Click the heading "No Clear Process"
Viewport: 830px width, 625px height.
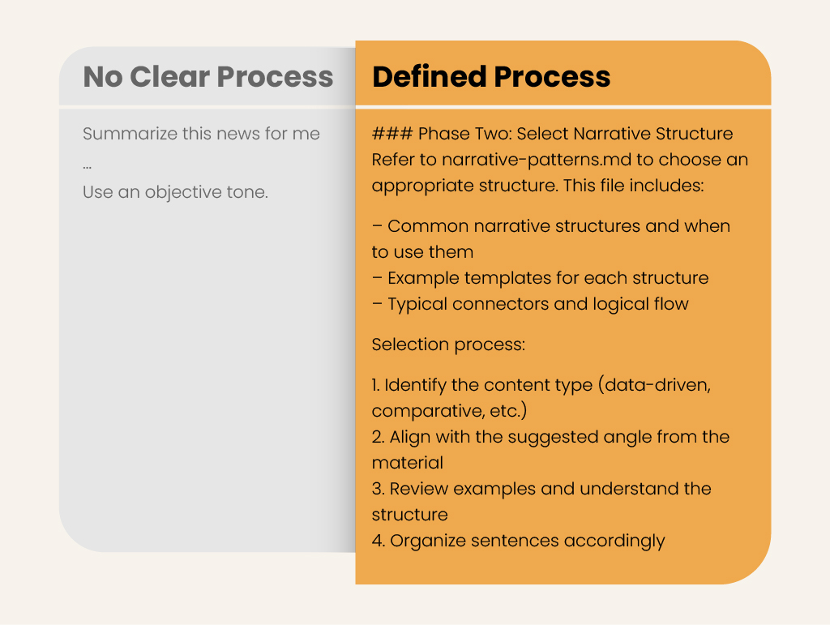[x=208, y=77]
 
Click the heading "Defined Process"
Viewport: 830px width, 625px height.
[x=491, y=77]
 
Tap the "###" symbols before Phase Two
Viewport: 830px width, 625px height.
[x=391, y=134]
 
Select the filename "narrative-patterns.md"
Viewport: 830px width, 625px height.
[x=537, y=160]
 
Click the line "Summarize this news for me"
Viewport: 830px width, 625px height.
[x=201, y=134]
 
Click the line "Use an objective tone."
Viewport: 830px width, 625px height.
[x=175, y=192]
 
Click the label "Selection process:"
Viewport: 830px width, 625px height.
[x=448, y=345]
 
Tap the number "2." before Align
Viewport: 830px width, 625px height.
[x=378, y=437]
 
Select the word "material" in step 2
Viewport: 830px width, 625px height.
[x=408, y=463]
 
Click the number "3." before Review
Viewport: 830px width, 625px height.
[x=378, y=489]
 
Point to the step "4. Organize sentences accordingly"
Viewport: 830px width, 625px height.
[x=518, y=541]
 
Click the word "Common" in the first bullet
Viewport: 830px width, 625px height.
[x=428, y=226]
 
